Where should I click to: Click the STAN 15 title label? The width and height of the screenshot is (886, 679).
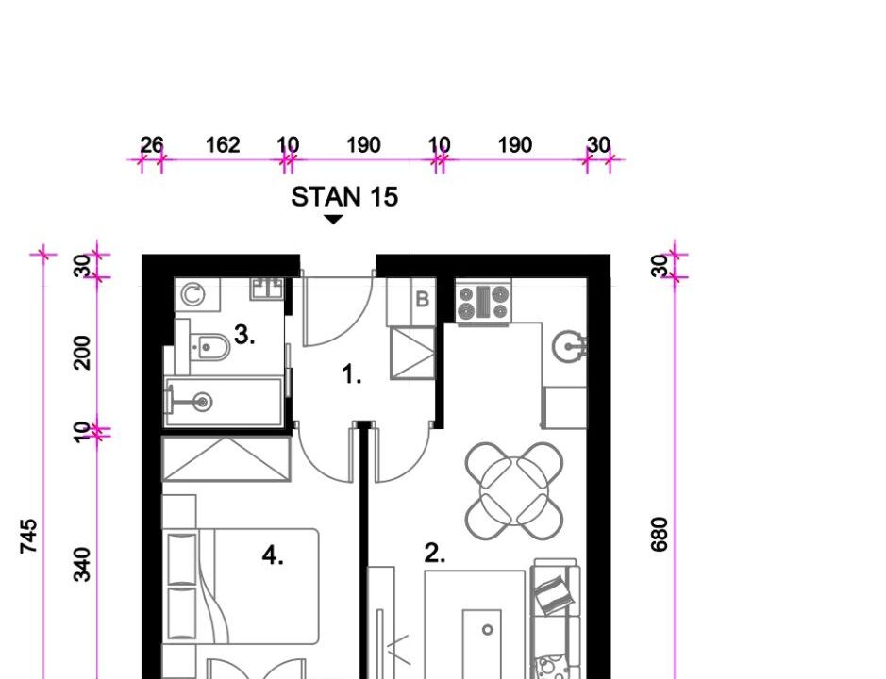[344, 197]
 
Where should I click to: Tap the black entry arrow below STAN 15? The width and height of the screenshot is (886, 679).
[333, 220]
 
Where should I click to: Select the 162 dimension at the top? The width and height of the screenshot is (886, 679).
[222, 145]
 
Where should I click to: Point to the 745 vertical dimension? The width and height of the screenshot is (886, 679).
[28, 536]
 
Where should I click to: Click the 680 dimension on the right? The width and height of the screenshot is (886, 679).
[659, 534]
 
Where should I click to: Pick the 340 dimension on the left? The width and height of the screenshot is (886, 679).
[82, 564]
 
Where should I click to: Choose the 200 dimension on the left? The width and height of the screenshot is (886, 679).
[82, 353]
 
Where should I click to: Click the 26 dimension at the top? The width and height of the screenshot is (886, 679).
[151, 145]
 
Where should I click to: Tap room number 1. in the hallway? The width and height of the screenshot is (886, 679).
[351, 374]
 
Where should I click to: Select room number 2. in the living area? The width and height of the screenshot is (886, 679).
[435, 553]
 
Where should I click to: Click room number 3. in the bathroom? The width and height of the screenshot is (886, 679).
[244, 335]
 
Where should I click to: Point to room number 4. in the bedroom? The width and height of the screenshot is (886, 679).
[273, 555]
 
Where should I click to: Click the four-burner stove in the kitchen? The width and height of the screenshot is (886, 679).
[484, 304]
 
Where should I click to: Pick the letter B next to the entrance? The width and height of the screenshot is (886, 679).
[422, 299]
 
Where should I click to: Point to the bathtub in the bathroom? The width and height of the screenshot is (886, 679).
[224, 402]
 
